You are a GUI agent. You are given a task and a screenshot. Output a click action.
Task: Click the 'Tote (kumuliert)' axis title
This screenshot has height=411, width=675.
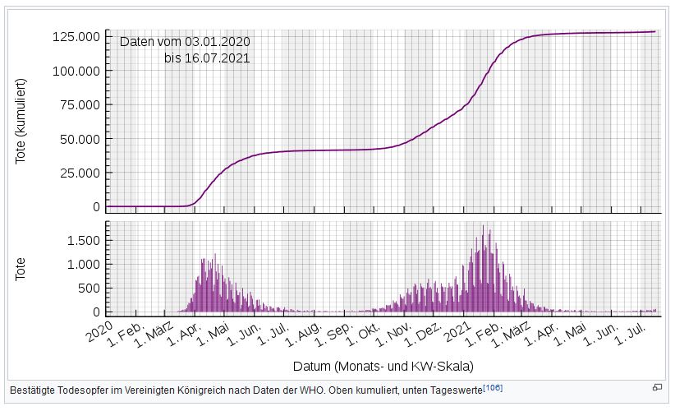pyautogui.click(x=21, y=121)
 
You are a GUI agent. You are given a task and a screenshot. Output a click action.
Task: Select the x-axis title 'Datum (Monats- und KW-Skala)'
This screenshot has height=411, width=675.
pyautogui.click(x=383, y=365)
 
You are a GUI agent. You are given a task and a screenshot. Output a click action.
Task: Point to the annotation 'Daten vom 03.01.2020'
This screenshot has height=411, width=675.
pyautogui.click(x=184, y=42)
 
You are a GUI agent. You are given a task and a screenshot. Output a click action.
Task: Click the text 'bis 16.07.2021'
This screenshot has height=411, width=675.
pyautogui.click(x=206, y=58)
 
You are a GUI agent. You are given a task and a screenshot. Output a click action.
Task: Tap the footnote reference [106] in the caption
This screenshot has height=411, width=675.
pyautogui.click(x=493, y=387)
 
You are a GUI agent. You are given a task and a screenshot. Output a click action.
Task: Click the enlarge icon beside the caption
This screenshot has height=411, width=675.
pyautogui.click(x=657, y=387)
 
